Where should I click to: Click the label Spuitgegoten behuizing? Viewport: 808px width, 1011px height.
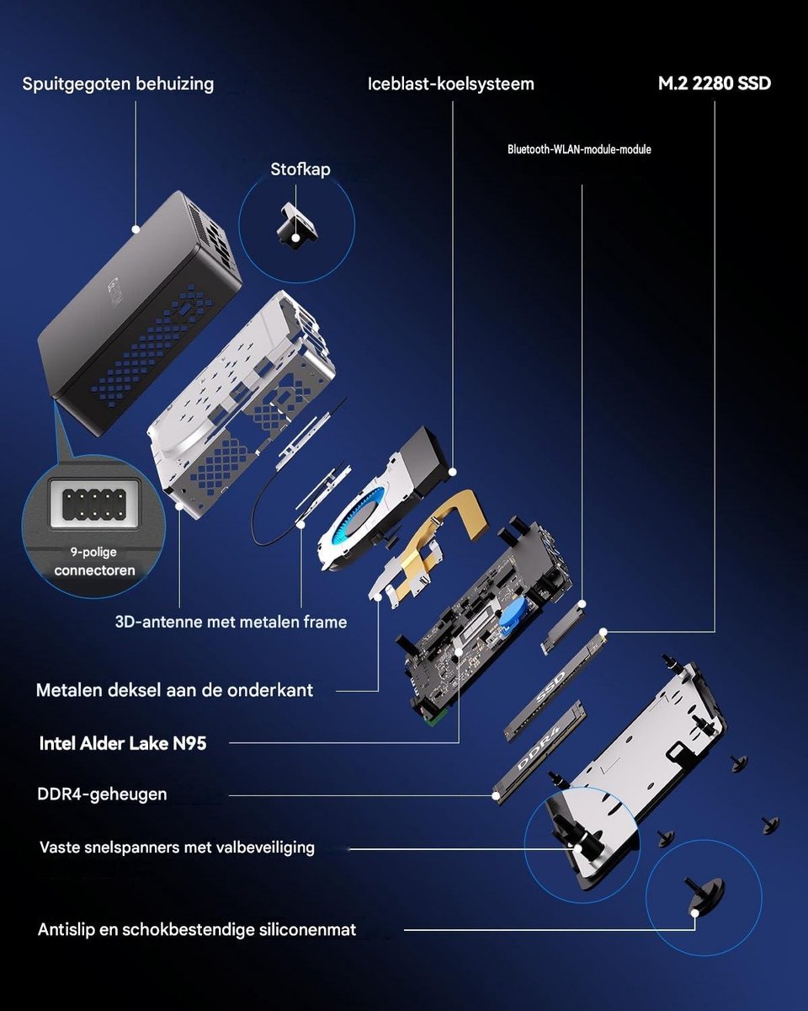click(118, 84)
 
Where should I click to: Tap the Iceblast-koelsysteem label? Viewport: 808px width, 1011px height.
click(451, 84)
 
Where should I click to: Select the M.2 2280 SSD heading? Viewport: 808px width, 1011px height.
click(714, 83)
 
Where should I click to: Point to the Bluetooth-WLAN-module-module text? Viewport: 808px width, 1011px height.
click(579, 149)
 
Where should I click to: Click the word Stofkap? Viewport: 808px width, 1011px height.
click(300, 169)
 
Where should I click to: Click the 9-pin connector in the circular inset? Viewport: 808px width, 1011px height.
click(94, 504)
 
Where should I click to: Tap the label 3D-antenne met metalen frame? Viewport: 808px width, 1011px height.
click(231, 622)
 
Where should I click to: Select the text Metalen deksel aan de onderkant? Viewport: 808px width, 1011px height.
click(174, 690)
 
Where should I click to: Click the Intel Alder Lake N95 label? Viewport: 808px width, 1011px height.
click(123, 743)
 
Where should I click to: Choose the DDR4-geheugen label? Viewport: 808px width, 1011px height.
click(102, 794)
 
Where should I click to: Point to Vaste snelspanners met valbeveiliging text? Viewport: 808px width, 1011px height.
click(177, 848)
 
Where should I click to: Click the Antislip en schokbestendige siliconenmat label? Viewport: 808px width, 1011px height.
click(197, 929)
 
